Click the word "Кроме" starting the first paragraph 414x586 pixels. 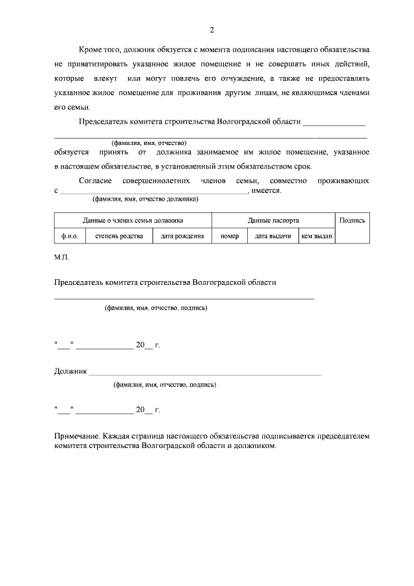[x=90, y=49]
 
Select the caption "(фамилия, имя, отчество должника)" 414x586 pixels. [x=145, y=199]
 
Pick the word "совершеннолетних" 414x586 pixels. [x=157, y=181]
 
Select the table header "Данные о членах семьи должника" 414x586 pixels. [x=133, y=220]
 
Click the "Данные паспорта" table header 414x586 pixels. [x=273, y=220]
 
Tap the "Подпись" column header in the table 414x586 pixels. [x=353, y=220]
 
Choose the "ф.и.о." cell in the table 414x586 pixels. [x=69, y=236]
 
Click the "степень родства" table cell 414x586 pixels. [x=120, y=236]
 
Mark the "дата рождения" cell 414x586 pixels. [x=182, y=236]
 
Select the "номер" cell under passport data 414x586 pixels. [x=229, y=236]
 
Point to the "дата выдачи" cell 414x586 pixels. [x=272, y=236]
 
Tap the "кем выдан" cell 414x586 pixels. [x=316, y=236]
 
